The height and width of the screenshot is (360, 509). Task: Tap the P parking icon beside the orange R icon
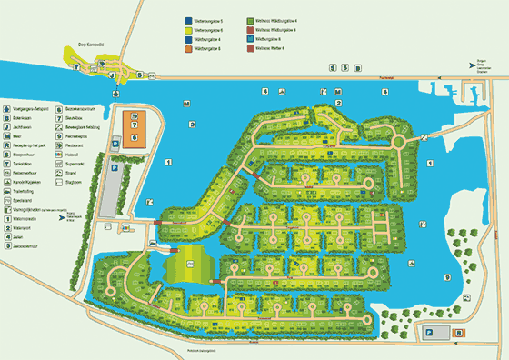coord(428,334)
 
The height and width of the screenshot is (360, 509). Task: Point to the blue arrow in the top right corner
coord(470,65)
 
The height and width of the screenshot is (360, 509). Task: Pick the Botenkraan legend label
coord(25,119)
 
